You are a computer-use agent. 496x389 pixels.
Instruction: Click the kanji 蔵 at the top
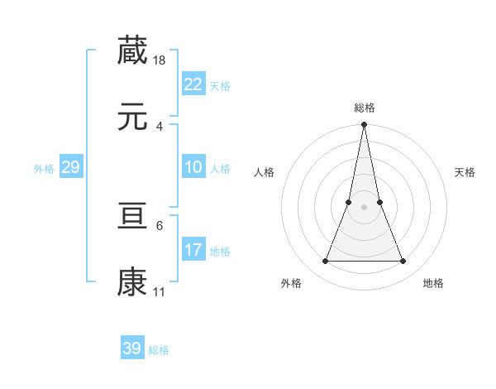click(x=132, y=50)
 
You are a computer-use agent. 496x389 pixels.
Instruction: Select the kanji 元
click(x=132, y=118)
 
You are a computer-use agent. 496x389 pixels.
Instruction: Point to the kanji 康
click(x=132, y=283)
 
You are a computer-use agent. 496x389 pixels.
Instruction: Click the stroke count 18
click(x=160, y=60)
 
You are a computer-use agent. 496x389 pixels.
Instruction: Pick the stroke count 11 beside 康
click(x=160, y=292)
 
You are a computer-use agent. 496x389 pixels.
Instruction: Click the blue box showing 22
click(x=193, y=84)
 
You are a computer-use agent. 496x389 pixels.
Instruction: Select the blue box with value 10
click(x=193, y=167)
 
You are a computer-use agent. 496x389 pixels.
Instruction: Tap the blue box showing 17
click(x=193, y=250)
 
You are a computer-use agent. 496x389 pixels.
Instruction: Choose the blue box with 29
click(x=70, y=167)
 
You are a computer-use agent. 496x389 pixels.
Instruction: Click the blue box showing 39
click(x=132, y=348)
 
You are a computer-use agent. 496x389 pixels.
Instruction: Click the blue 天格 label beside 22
click(x=220, y=86)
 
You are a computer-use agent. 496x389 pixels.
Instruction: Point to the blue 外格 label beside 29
click(x=44, y=169)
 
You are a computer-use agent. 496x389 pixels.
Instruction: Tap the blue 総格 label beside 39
click(x=159, y=350)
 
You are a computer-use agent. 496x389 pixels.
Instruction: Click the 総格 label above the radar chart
click(x=364, y=108)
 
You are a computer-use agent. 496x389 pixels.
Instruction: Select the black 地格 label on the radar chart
click(x=433, y=283)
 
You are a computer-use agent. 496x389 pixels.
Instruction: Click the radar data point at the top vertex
click(x=364, y=125)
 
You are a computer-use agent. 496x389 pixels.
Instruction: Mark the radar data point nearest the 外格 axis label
click(x=325, y=262)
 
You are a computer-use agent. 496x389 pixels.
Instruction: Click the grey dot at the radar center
click(x=364, y=208)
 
